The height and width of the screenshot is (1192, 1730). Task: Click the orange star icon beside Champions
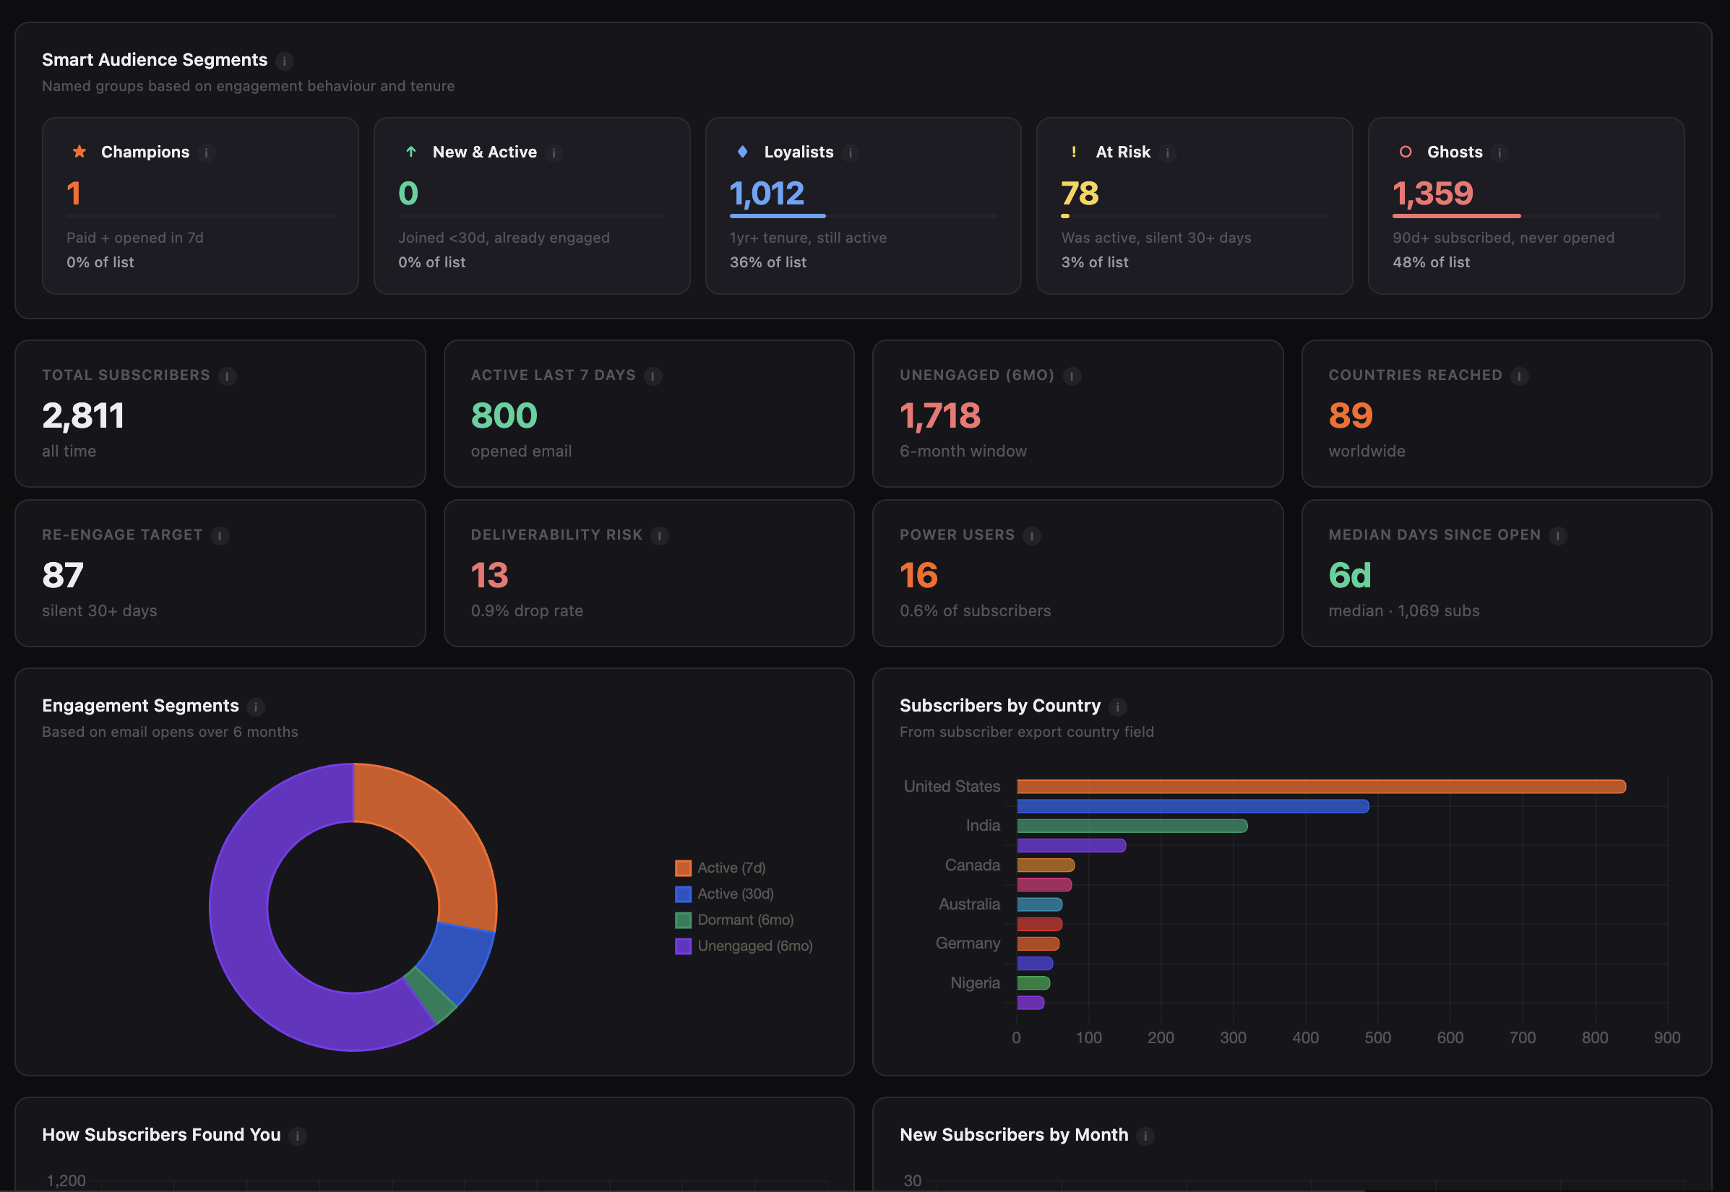coord(79,152)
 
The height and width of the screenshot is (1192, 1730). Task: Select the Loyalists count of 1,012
coord(767,194)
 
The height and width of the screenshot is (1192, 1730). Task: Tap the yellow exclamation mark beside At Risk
coord(1073,152)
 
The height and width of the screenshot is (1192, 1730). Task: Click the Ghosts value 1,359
coord(1432,194)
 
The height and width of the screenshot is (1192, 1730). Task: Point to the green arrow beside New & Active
coord(411,152)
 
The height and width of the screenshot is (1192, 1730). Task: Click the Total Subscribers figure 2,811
coord(83,415)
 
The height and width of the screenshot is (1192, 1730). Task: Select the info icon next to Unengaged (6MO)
coord(1071,376)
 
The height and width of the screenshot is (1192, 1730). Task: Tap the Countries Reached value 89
coord(1350,415)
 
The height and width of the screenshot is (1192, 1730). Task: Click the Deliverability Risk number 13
coord(489,575)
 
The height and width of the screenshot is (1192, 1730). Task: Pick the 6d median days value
coord(1349,575)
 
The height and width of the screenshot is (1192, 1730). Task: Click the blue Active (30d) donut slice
coord(460,964)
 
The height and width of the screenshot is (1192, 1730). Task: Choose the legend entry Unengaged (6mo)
coord(754,946)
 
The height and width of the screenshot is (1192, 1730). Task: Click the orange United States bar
coord(1320,787)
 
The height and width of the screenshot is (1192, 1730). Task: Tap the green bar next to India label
coord(1131,826)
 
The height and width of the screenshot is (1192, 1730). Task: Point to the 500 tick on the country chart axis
coord(1377,1037)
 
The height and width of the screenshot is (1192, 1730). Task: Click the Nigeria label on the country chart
coord(974,983)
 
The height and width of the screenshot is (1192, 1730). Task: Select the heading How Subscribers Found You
coord(161,1134)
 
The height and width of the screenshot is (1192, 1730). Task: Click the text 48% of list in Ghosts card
coord(1430,262)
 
